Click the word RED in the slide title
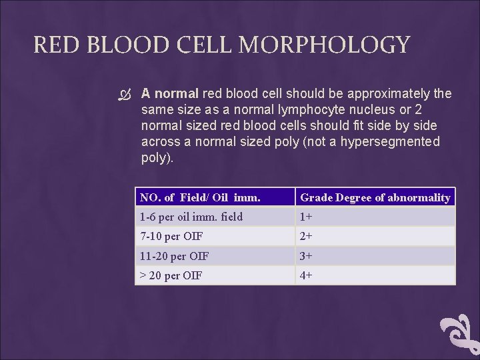click(x=53, y=45)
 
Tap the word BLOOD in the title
click(x=117, y=45)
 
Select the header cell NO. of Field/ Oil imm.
click(x=200, y=197)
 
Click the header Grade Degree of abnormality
click(x=375, y=197)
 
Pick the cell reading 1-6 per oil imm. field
click(x=191, y=217)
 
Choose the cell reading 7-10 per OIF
click(x=171, y=236)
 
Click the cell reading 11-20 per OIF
click(x=175, y=256)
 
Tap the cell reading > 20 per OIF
click(x=171, y=275)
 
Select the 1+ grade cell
click(x=307, y=217)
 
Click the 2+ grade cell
click(x=307, y=236)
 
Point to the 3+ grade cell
click(x=307, y=256)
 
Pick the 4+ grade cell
click(x=307, y=275)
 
